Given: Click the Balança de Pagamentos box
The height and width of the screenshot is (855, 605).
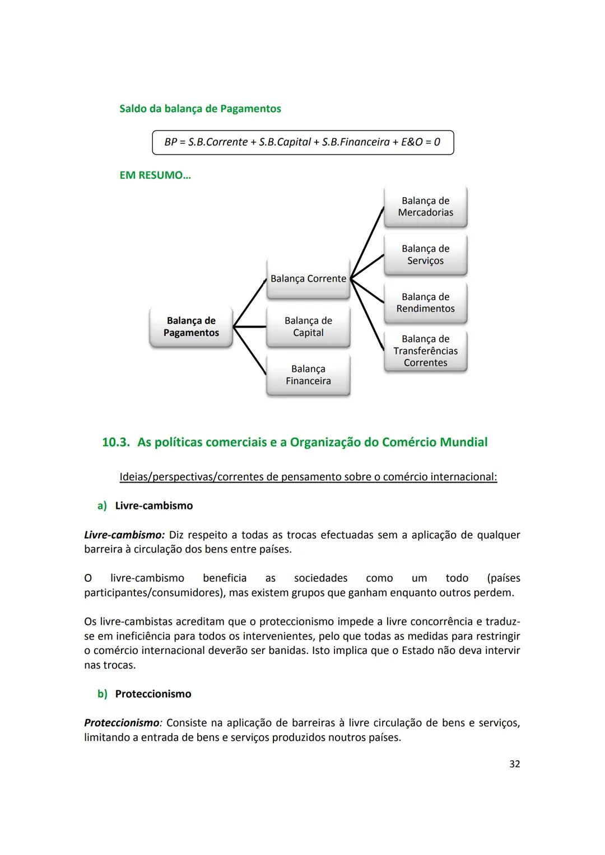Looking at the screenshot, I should point(191,327).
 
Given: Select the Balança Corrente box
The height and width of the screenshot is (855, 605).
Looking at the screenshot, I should point(308,279).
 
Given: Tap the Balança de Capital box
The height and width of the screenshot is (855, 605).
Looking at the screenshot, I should point(308,327).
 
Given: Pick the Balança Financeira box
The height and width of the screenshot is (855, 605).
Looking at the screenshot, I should point(308,375).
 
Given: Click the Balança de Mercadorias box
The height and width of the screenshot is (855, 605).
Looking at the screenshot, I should point(425,207).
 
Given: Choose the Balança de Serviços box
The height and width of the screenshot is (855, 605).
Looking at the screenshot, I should point(425,255).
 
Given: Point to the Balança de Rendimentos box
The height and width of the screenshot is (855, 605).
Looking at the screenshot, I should point(425,303).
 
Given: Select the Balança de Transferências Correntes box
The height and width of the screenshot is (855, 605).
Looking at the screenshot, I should point(425,351).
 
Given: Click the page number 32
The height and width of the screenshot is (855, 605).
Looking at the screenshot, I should point(514,764).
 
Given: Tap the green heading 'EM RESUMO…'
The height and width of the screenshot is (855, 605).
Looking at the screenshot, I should point(155,175).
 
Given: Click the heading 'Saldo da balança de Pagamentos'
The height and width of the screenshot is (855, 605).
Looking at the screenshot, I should point(200,109).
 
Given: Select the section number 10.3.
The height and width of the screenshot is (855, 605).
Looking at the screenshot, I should point(116,442).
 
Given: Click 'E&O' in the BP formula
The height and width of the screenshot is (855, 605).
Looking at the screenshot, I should point(412,142).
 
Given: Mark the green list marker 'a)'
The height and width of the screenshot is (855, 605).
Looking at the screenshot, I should point(102,506).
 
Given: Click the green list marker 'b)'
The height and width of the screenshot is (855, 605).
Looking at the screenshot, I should point(102,694).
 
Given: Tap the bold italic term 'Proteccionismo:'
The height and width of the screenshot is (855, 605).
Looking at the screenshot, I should point(123,723).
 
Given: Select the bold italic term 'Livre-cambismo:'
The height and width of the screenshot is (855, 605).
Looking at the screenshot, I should point(124,535).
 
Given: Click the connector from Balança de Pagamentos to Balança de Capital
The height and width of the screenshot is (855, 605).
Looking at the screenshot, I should point(250,327).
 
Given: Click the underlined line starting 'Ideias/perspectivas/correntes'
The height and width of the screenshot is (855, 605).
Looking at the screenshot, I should point(308,477).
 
